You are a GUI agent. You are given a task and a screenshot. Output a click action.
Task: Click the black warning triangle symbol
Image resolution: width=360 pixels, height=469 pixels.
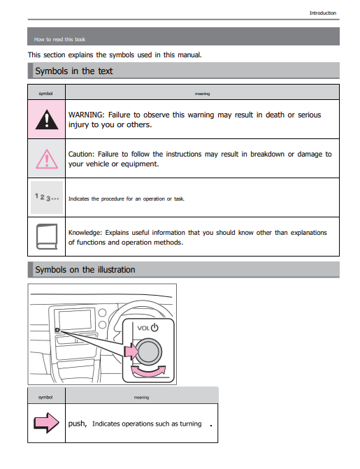[47, 120]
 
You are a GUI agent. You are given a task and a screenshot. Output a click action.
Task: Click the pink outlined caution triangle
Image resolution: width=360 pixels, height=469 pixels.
[47, 159]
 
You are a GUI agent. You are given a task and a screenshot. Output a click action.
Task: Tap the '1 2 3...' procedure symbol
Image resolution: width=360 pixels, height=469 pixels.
[47, 197]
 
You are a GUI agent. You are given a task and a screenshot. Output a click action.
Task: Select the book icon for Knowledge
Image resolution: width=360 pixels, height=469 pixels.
[47, 236]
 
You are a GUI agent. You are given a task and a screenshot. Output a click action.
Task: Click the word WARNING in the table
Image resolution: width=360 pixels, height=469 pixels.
[86, 115]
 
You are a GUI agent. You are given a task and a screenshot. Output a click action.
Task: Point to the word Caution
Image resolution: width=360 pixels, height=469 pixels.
[81, 154]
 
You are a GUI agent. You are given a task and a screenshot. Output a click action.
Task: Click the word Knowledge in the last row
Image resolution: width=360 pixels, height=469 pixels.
[85, 233]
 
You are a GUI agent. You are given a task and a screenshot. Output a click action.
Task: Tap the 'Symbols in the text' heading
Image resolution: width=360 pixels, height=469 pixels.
[74, 71]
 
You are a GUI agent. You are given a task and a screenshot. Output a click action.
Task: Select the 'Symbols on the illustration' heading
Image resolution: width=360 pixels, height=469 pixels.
[85, 270]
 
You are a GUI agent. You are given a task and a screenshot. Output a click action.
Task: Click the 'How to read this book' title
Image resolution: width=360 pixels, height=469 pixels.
[59, 39]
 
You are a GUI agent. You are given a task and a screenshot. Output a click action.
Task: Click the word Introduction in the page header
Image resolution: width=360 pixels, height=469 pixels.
[322, 13]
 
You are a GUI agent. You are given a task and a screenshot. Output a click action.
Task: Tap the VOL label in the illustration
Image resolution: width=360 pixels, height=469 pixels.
[143, 328]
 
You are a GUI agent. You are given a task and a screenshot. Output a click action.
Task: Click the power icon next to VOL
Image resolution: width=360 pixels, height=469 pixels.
[154, 328]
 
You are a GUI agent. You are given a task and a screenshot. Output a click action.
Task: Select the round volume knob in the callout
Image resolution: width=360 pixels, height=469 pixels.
[149, 352]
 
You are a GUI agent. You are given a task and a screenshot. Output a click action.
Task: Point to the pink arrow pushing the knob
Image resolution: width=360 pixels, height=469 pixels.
[131, 352]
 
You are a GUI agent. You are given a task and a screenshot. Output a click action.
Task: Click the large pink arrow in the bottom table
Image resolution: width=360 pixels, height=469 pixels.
[46, 423]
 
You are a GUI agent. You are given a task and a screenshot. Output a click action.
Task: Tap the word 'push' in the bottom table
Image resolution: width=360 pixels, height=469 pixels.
[77, 424]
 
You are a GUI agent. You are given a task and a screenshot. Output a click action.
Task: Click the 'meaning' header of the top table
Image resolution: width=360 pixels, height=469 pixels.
[202, 94]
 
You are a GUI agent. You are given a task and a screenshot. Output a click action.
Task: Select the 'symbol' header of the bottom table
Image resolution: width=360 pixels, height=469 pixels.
[45, 397]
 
